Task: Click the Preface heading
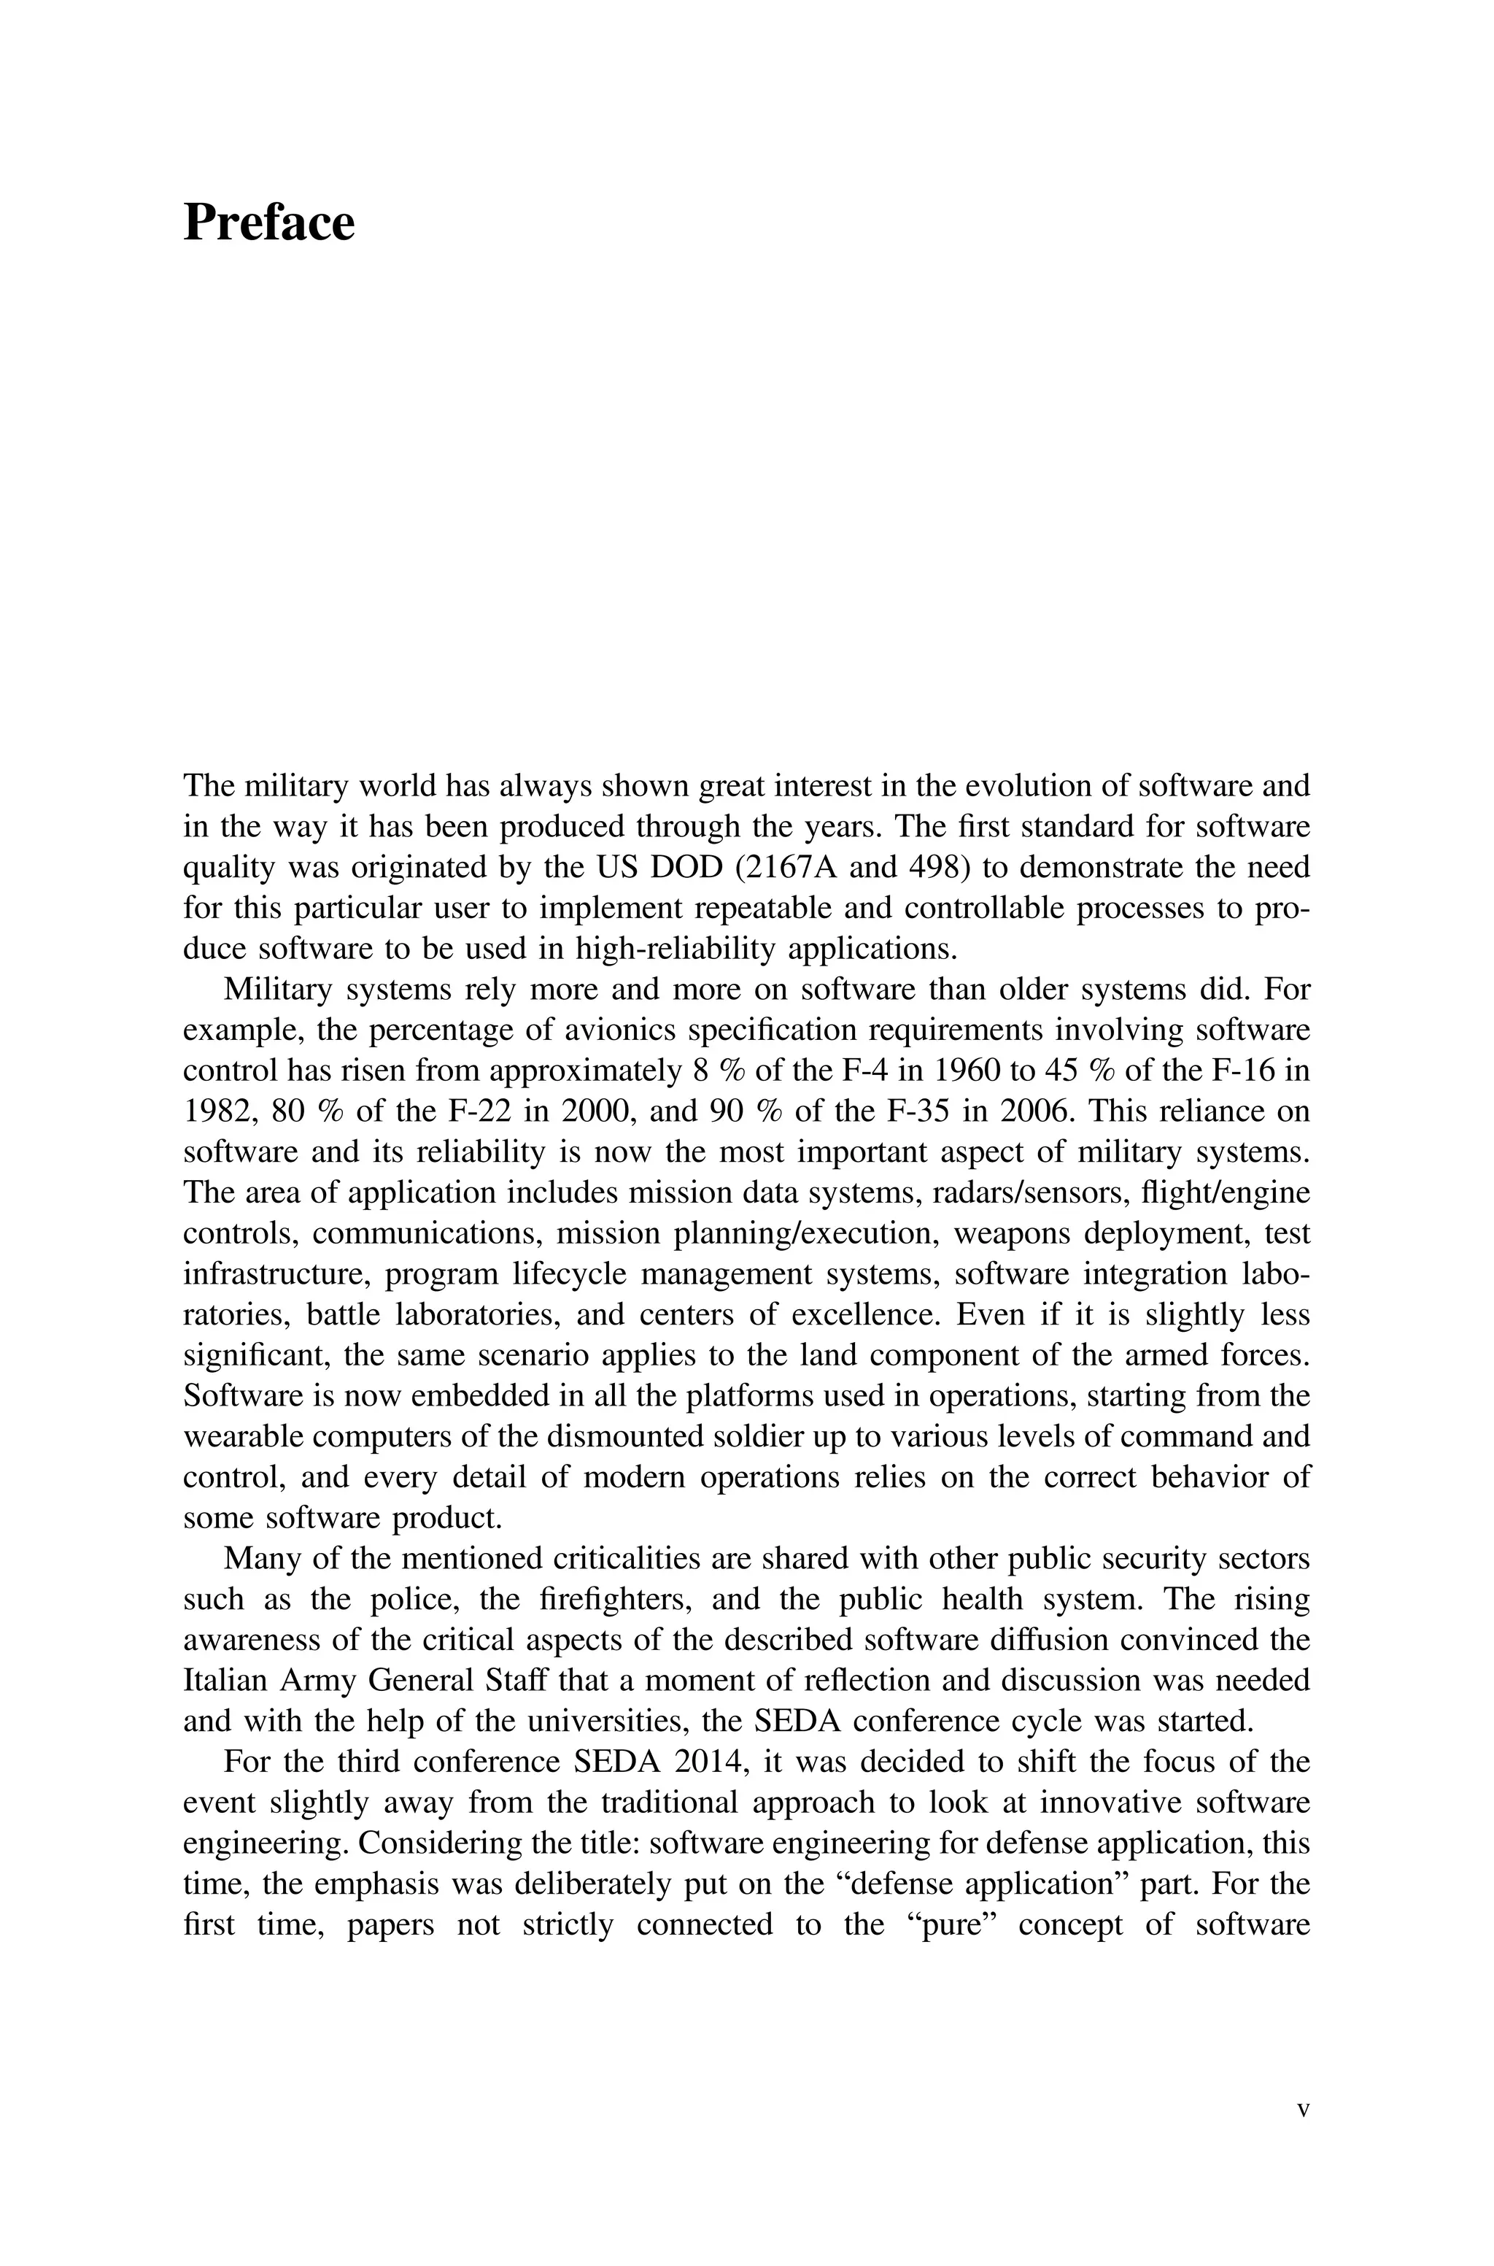pos(268,223)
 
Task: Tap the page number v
pos(1304,2110)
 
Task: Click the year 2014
pos(707,1763)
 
